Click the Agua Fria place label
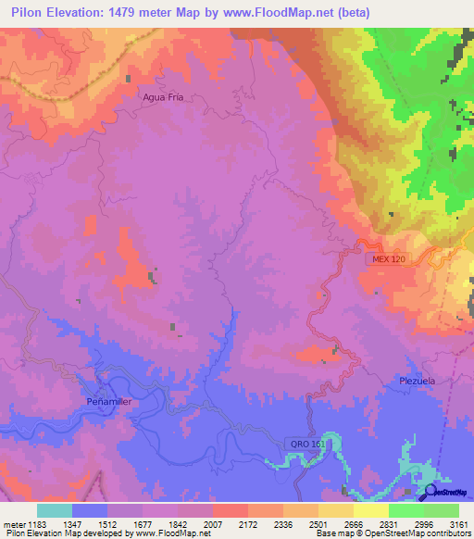[x=163, y=96]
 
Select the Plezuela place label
[x=417, y=381]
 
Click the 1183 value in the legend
[x=37, y=524]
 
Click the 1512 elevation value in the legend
[x=107, y=524]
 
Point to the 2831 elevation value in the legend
[x=389, y=524]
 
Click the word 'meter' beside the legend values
[x=13, y=524]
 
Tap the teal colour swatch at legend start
[x=55, y=510]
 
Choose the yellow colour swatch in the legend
[x=371, y=510]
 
